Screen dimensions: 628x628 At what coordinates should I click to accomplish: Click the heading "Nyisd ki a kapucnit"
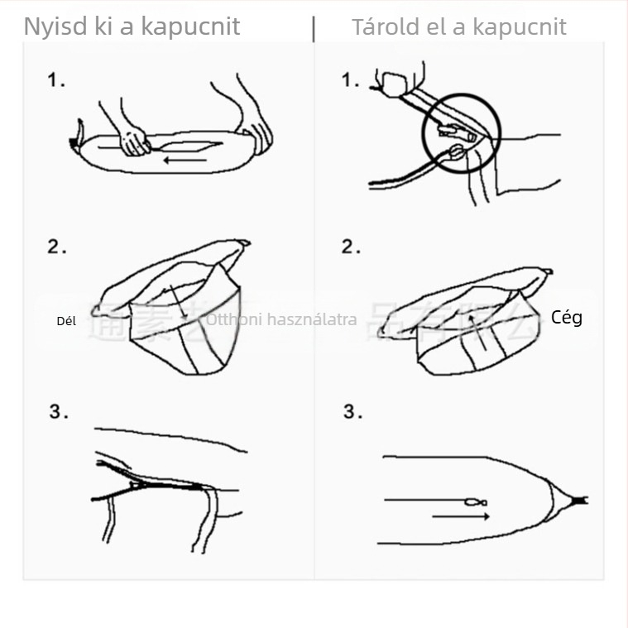pos(132,26)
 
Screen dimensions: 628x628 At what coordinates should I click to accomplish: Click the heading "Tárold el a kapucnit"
pos(459,26)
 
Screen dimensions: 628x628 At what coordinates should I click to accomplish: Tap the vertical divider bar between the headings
pos(314,27)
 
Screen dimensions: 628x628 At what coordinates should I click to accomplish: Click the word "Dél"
pos(66,321)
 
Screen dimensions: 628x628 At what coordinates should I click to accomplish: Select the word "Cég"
pos(567,318)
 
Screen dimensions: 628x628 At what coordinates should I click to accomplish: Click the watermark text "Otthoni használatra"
pos(281,319)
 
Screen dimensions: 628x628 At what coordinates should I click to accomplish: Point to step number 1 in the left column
pos(55,81)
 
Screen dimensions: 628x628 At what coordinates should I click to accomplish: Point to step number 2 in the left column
pos(55,247)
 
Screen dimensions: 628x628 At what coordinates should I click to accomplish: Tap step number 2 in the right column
pos(351,247)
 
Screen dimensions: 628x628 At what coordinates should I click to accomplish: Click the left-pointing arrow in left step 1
pos(185,158)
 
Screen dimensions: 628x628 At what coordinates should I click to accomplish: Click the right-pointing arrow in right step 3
pos(461,516)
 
